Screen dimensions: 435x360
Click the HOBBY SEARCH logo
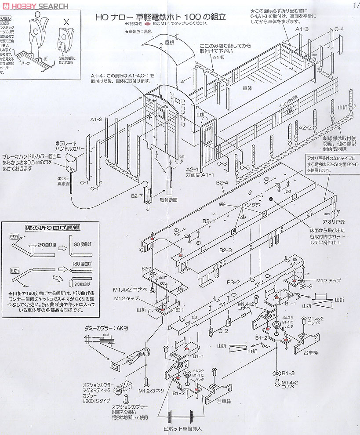[x=35, y=6]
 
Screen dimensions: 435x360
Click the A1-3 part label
[x=302, y=29]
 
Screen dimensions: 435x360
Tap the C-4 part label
[x=339, y=29]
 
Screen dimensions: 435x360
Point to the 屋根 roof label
[x=170, y=43]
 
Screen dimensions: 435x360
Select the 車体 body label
[x=249, y=88]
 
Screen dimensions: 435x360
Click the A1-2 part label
[x=96, y=120]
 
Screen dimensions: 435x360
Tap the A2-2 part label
[x=305, y=127]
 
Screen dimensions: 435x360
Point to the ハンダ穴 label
[x=252, y=204]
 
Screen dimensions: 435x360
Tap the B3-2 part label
[x=233, y=282]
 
